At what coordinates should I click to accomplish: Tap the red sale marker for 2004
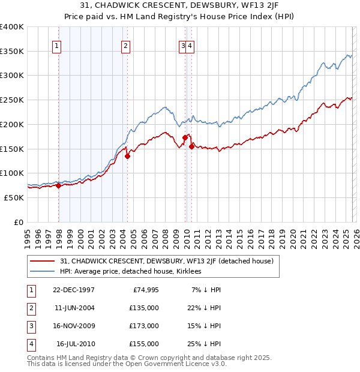coord(127,157)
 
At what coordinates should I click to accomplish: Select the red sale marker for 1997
coord(59,186)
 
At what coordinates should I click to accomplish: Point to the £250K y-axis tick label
coord(12,100)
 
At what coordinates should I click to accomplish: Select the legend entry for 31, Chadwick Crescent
coord(167,261)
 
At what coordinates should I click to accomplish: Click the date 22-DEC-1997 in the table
coord(74,290)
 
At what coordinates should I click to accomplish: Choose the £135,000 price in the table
coord(144,308)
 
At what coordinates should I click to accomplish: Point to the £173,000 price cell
coord(144,326)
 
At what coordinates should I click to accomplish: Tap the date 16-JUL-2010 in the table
coord(76,344)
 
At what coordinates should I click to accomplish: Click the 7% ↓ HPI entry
coord(206,290)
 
